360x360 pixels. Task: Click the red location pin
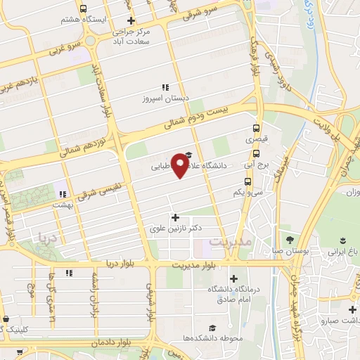pyautogui.click(x=181, y=166)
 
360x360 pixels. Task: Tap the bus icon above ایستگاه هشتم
pyautogui.click(x=84, y=9)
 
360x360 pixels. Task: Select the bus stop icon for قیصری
pyautogui.click(x=255, y=129)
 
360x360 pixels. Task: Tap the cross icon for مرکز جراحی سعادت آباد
pyautogui.click(x=131, y=20)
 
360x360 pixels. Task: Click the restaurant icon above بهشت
pyautogui.click(x=63, y=193)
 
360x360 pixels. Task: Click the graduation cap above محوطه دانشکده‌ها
pyautogui.click(x=212, y=328)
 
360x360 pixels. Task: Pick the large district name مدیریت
pyautogui.click(x=229, y=243)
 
